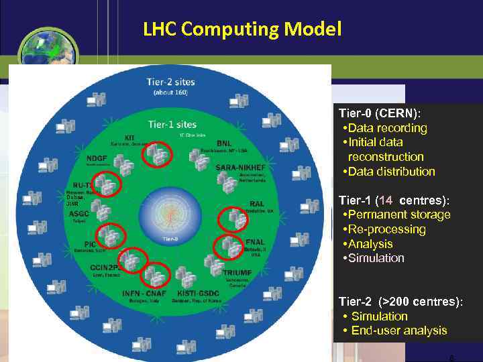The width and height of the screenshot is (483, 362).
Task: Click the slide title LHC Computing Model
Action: (242, 29)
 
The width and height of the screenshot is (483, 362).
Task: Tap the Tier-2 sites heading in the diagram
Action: (172, 82)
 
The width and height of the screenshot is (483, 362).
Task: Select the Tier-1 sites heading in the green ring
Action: (172, 124)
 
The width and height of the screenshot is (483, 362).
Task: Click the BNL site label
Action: (224, 143)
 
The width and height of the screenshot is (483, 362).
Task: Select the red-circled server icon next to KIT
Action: (156, 156)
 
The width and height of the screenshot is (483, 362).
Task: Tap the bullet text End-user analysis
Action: (398, 330)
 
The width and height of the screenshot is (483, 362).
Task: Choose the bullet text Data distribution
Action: (391, 172)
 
